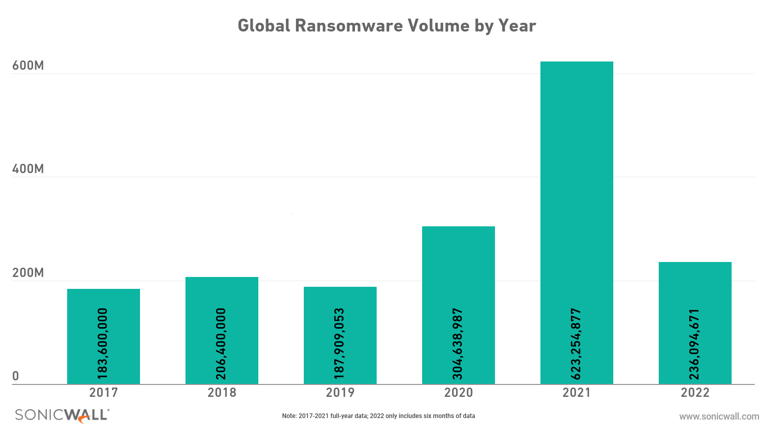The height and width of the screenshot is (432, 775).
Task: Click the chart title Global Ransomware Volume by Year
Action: (386, 26)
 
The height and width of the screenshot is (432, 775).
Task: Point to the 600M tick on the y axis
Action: (28, 66)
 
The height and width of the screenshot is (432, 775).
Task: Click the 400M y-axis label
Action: (28, 169)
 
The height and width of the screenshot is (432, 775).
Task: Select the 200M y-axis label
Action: (28, 273)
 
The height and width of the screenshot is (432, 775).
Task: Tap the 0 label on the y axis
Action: (16, 376)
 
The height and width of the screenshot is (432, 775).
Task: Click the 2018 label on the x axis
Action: (222, 393)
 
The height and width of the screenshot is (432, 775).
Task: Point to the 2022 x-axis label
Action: (695, 393)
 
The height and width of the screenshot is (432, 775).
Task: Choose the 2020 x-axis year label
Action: (458, 393)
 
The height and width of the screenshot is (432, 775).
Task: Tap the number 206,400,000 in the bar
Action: (222, 344)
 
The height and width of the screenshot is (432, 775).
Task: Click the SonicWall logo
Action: (62, 415)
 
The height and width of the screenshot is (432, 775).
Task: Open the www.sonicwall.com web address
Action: (719, 416)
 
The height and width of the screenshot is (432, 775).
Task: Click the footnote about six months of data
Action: (378, 416)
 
